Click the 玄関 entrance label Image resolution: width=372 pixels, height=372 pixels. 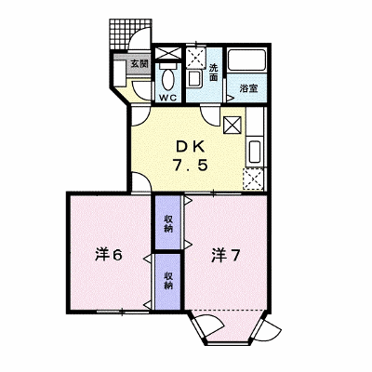pos(139,64)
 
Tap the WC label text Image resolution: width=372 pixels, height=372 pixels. pos(168,98)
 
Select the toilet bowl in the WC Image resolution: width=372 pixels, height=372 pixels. pos(168,80)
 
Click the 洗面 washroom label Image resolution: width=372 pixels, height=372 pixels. pos(213,73)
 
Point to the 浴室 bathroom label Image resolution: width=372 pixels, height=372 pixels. pos(248,88)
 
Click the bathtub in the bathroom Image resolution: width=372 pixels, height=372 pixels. pos(246,60)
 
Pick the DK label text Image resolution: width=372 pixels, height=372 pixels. pos(191,147)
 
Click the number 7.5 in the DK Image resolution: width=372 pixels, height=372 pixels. pos(190,166)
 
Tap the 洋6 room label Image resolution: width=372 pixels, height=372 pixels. pos(109,255)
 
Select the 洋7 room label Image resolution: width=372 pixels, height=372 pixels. pos(226,256)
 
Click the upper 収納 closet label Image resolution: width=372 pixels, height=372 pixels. pos(168,224)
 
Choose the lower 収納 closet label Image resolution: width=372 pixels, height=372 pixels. pos(168,281)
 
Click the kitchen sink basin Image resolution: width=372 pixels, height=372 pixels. pos(255,151)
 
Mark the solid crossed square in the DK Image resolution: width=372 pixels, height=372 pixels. pos(232,125)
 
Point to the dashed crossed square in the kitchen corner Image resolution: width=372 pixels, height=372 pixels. pos(253,179)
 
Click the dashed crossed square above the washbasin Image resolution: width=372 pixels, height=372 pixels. pos(195,58)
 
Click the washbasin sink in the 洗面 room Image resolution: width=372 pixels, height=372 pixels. pos(194,79)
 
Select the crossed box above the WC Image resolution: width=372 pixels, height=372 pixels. pos(168,53)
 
